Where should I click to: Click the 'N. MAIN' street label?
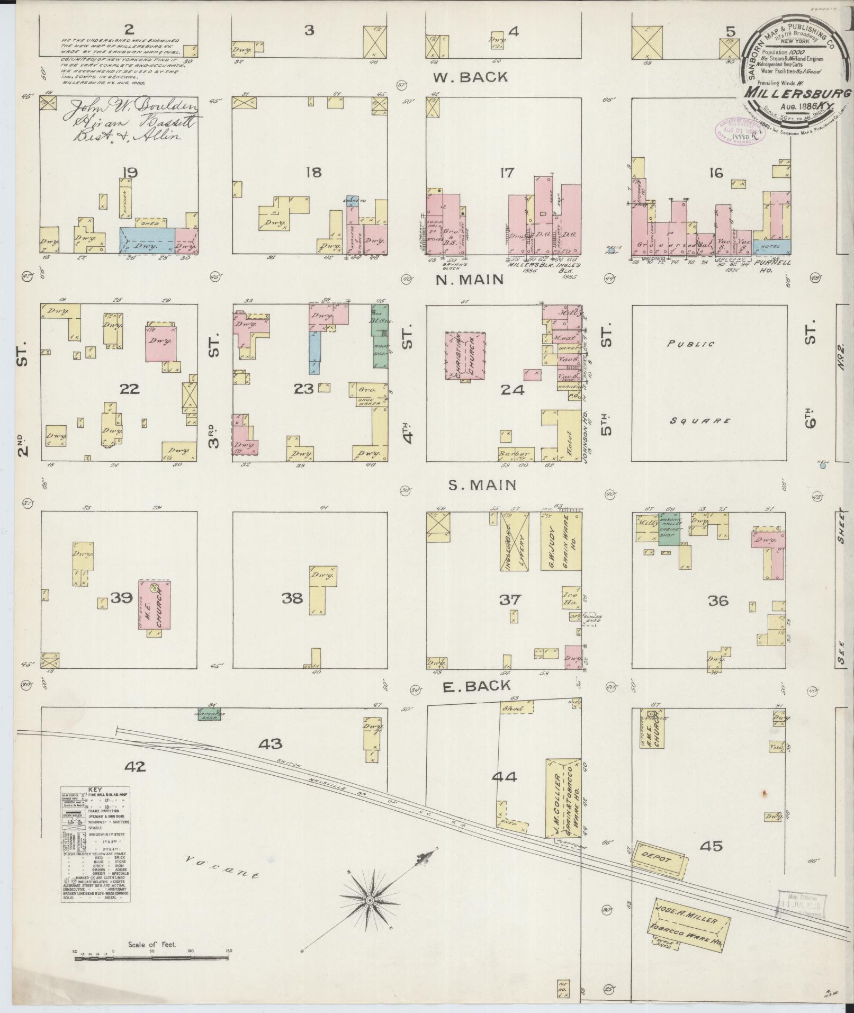click(x=469, y=280)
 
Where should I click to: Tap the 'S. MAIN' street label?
click(x=474, y=485)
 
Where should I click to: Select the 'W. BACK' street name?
click(x=470, y=77)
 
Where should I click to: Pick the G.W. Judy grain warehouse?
click(x=561, y=540)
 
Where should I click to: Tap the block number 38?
click(x=292, y=598)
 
